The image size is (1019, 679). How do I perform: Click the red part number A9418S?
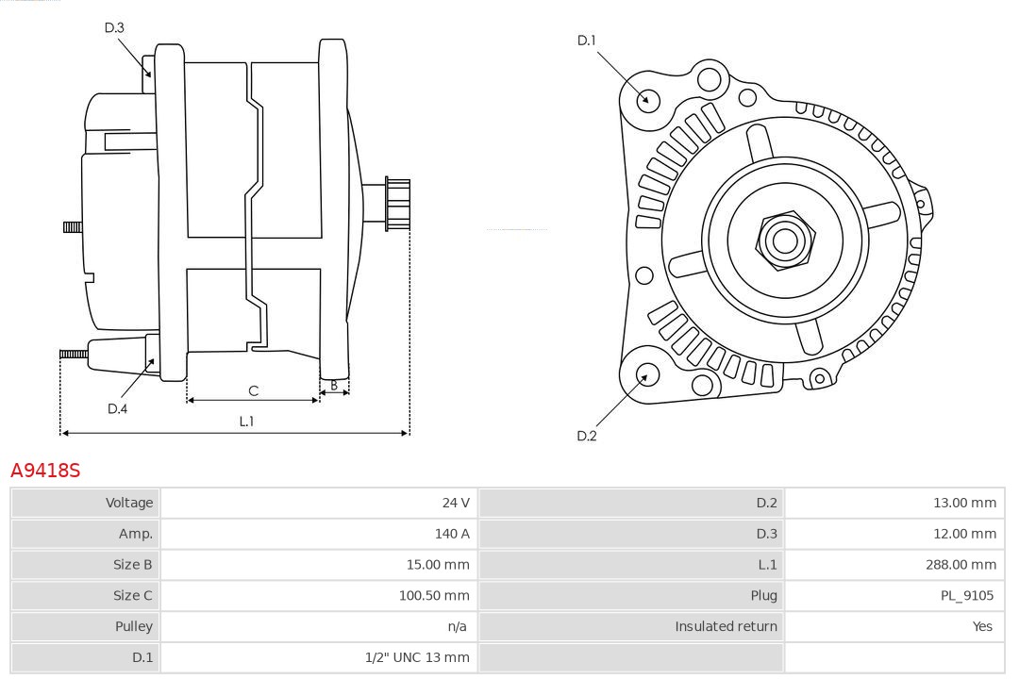[45, 470]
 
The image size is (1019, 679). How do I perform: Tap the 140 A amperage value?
[452, 534]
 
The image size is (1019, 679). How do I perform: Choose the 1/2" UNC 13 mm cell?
[417, 657]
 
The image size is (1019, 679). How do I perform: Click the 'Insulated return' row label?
[726, 626]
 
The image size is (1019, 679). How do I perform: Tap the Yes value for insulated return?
[983, 626]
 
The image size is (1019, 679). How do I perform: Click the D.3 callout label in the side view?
[114, 27]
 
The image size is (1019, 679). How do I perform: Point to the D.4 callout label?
[117, 408]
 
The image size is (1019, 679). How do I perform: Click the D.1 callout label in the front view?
[587, 40]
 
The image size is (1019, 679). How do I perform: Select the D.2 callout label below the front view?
[587, 436]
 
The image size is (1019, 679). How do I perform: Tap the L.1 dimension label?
[246, 422]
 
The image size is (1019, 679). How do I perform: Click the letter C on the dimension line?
[253, 390]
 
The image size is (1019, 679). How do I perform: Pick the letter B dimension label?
[334, 386]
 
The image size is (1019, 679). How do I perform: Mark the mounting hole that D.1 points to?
[647, 99]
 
